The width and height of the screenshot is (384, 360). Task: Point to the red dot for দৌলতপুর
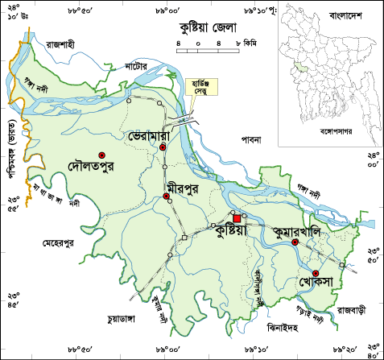(x=101, y=155)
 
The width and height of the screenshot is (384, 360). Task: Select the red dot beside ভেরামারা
(x=162, y=149)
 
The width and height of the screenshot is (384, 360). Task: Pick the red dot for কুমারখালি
(x=295, y=242)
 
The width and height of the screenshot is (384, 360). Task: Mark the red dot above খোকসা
(x=316, y=273)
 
